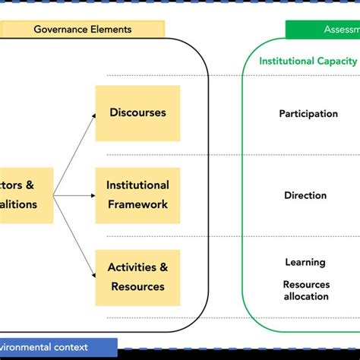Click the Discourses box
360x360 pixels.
coord(137,113)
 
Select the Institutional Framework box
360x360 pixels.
coord(137,194)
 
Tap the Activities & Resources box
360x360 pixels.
coord(137,276)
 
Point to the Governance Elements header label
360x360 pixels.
coord(82,30)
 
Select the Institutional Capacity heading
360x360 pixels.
coord(308,62)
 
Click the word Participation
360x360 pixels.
coord(308,114)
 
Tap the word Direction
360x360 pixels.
coord(305,195)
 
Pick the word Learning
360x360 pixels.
coord(305,262)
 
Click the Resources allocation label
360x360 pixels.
coord(307,290)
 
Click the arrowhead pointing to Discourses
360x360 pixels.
coord(93,115)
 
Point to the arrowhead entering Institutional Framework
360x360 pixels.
coord(93,195)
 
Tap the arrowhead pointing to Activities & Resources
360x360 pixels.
coord(93,274)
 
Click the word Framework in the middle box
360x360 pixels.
coord(137,204)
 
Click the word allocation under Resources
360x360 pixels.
coord(307,296)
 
